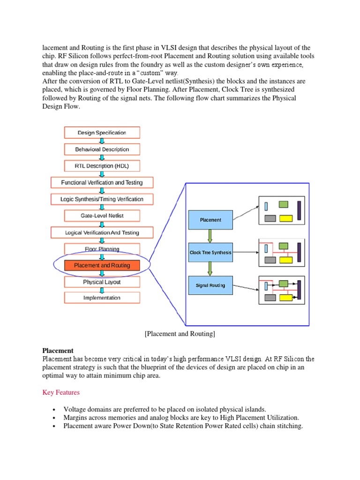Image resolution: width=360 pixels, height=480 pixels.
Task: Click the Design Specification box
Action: pos(102,133)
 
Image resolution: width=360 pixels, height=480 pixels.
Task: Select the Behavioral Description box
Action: pos(102,149)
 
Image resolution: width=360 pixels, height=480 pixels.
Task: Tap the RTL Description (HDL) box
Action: pos(102,166)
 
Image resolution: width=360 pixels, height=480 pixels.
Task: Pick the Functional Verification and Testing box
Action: pos(102,182)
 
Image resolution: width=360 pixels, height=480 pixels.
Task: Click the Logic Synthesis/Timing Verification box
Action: pos(102,199)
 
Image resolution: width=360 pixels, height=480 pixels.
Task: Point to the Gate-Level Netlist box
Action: pos(102,216)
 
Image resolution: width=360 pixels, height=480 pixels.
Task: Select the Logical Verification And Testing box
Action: pos(102,232)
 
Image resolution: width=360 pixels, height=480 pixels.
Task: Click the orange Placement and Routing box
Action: pos(102,266)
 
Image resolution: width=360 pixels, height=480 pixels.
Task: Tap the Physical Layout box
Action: pos(102,282)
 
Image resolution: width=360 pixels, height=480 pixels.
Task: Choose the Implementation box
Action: pos(102,298)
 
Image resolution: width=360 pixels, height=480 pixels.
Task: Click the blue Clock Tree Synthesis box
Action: pos(210,253)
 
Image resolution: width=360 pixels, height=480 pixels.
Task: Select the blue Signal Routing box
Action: pos(210,285)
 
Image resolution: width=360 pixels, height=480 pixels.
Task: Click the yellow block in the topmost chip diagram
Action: pos(286,218)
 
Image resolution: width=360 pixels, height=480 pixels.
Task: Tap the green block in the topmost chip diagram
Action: pos(283,204)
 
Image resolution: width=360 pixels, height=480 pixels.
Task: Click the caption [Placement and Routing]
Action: pos(180,334)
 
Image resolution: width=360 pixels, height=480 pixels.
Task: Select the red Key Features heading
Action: pos(61,392)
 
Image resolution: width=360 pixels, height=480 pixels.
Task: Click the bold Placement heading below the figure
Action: pos(58,350)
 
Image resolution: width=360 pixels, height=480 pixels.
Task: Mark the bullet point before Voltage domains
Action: pos(55,409)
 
